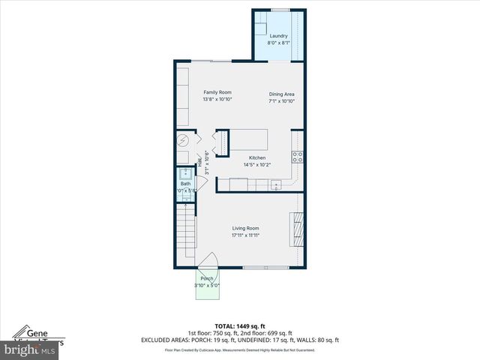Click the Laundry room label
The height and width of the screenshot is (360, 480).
coord(279,35)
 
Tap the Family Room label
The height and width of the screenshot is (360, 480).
coord(217,92)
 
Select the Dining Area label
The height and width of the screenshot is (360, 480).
coord(282,94)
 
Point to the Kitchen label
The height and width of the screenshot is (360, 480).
coord(257,157)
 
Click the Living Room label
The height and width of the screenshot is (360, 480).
coord(245,228)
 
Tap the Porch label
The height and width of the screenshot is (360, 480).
coord(206,278)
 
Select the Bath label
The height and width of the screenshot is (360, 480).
coord(185,184)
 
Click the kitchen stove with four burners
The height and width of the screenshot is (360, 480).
coord(298,157)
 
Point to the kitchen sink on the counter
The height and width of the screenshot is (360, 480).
coord(276,184)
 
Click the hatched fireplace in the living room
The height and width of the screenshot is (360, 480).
coord(298,229)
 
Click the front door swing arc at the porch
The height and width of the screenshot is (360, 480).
coord(208,260)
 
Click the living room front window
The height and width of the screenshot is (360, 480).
coord(265,267)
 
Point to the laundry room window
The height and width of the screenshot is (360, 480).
coord(280,10)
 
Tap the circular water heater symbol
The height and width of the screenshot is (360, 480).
coord(183,141)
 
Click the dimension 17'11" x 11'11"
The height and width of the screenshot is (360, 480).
coord(245,235)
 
